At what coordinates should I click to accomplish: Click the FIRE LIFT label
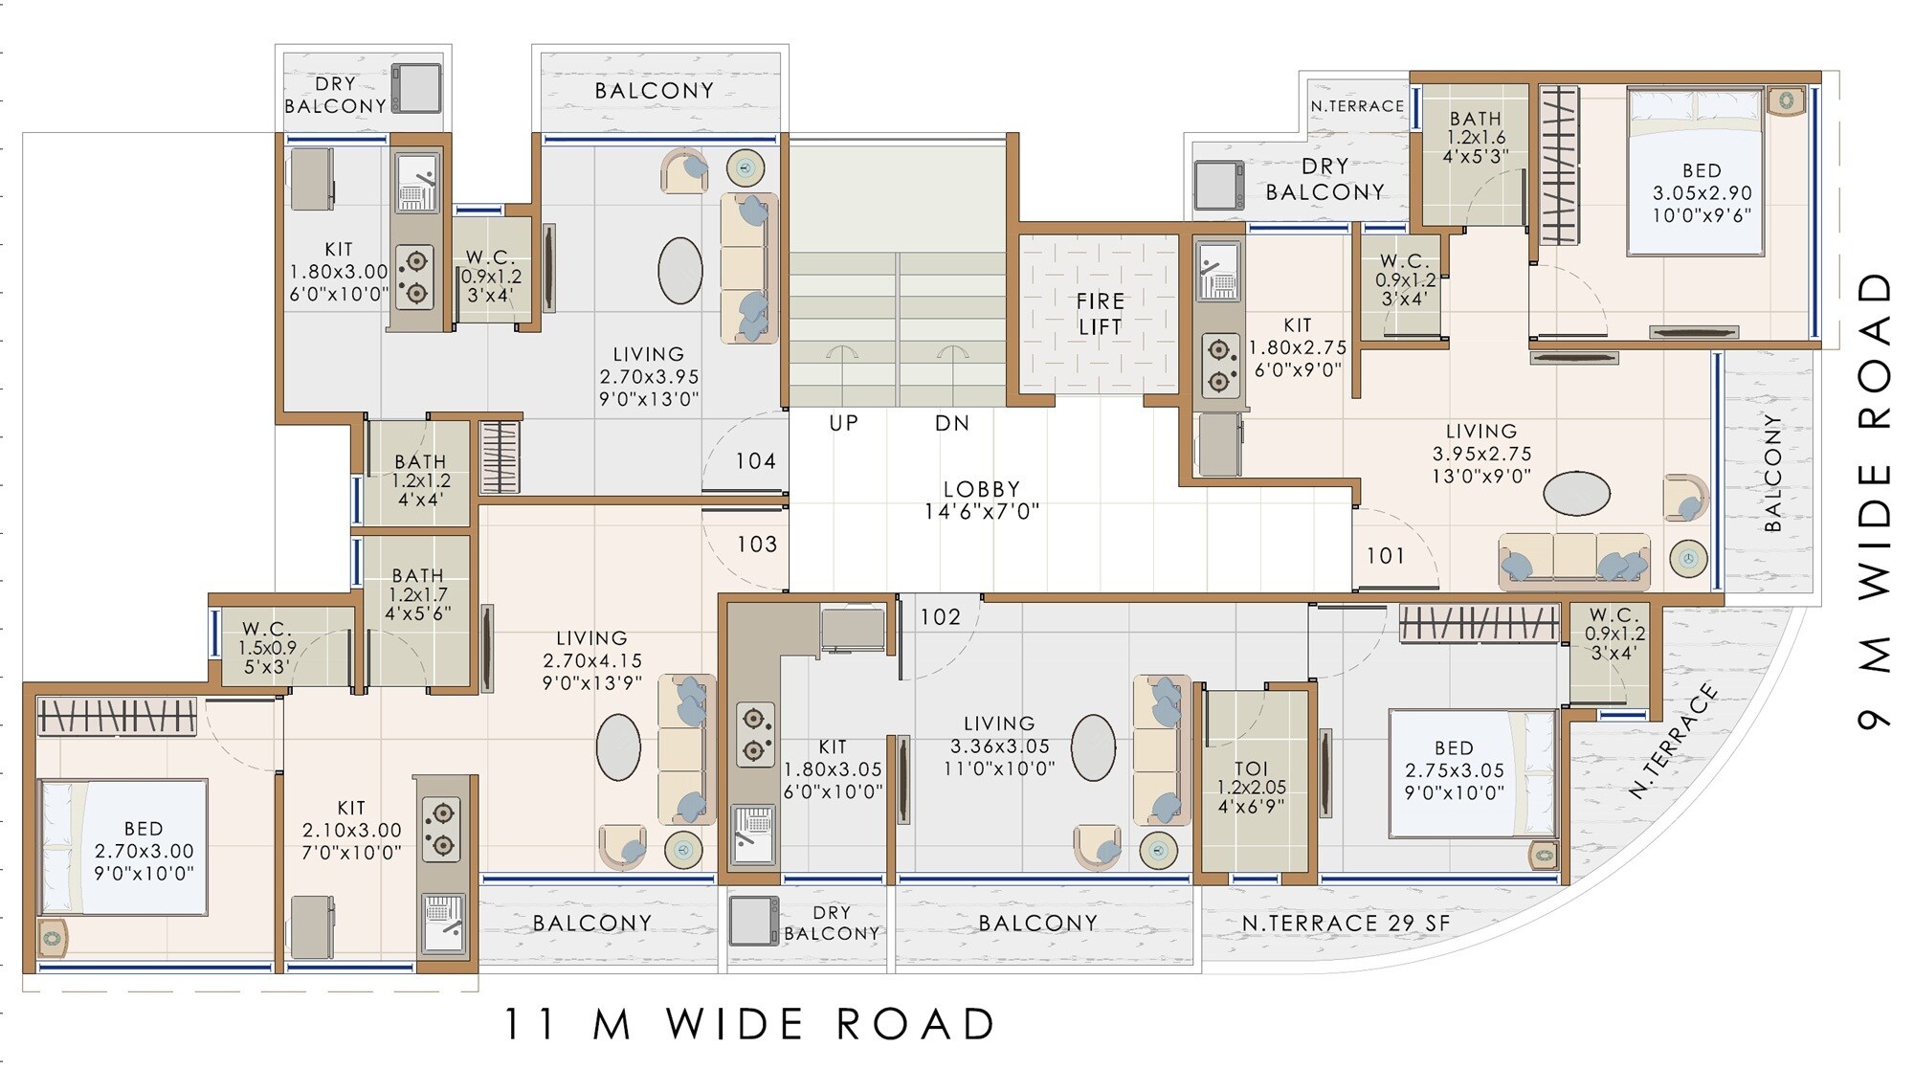1100,314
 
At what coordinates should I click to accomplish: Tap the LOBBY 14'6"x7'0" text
981,501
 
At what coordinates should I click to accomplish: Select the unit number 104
755,461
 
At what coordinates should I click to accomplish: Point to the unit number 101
1385,556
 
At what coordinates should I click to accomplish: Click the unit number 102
940,617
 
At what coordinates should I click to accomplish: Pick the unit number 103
756,545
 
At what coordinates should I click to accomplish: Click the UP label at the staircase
843,423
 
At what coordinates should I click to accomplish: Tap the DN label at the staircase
951,423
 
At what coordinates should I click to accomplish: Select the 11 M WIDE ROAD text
748,1025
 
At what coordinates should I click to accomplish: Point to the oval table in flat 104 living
679,271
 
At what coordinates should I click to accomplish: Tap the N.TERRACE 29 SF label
1346,924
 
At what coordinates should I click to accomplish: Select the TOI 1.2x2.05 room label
1251,787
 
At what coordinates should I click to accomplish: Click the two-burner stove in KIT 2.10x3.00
441,830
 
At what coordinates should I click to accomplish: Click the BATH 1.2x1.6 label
1475,137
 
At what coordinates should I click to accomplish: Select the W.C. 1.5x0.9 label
266,647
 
